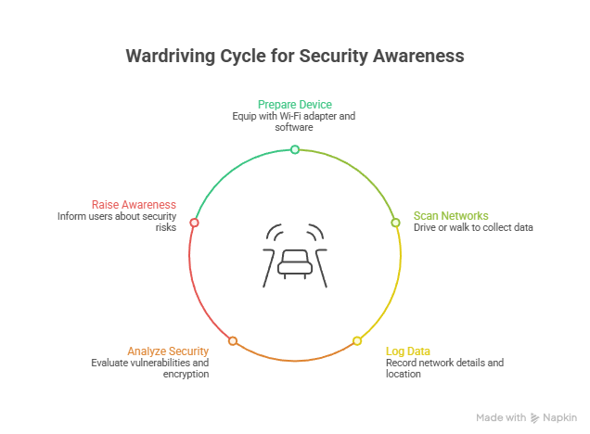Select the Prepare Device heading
point(294,104)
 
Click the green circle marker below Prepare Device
point(295,149)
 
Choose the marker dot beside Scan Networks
point(395,223)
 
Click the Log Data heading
point(408,351)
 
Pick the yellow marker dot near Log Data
point(357,341)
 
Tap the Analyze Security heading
point(168,351)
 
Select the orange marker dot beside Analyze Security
point(233,341)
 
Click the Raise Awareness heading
point(134,204)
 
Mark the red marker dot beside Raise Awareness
point(194,223)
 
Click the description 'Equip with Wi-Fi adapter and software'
point(294,121)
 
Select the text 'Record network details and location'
point(444,368)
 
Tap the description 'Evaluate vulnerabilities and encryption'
point(150,368)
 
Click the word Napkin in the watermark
point(560,418)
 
